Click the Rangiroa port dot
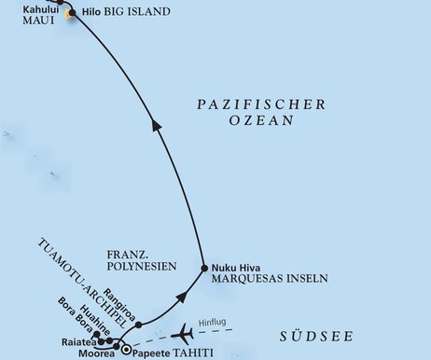(x=139, y=326)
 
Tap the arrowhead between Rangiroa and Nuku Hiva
(x=183, y=294)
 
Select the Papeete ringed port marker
(x=125, y=352)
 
